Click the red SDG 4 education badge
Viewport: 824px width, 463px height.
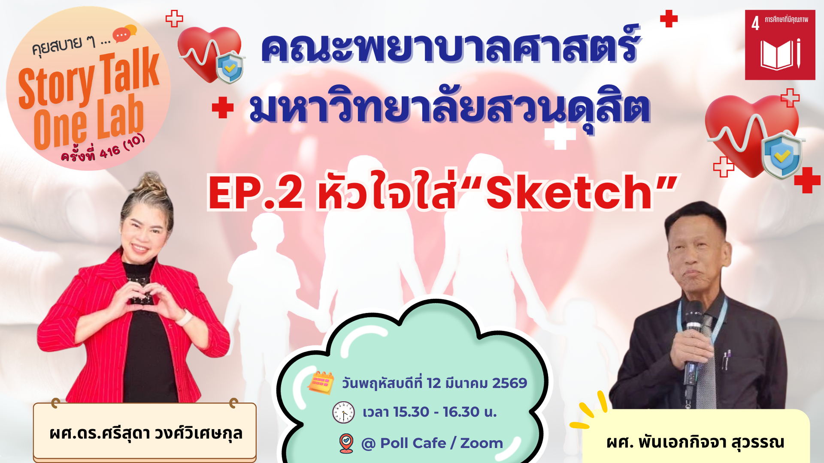tap(780, 45)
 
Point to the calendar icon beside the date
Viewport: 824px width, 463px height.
tap(321, 382)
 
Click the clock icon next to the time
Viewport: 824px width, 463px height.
tap(343, 412)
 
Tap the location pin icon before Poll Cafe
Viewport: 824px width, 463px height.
tap(346, 443)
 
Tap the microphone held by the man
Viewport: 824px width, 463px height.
tap(692, 343)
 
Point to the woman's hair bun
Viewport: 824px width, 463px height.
tap(148, 183)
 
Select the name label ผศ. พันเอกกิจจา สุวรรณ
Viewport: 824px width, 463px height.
tap(696, 442)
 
